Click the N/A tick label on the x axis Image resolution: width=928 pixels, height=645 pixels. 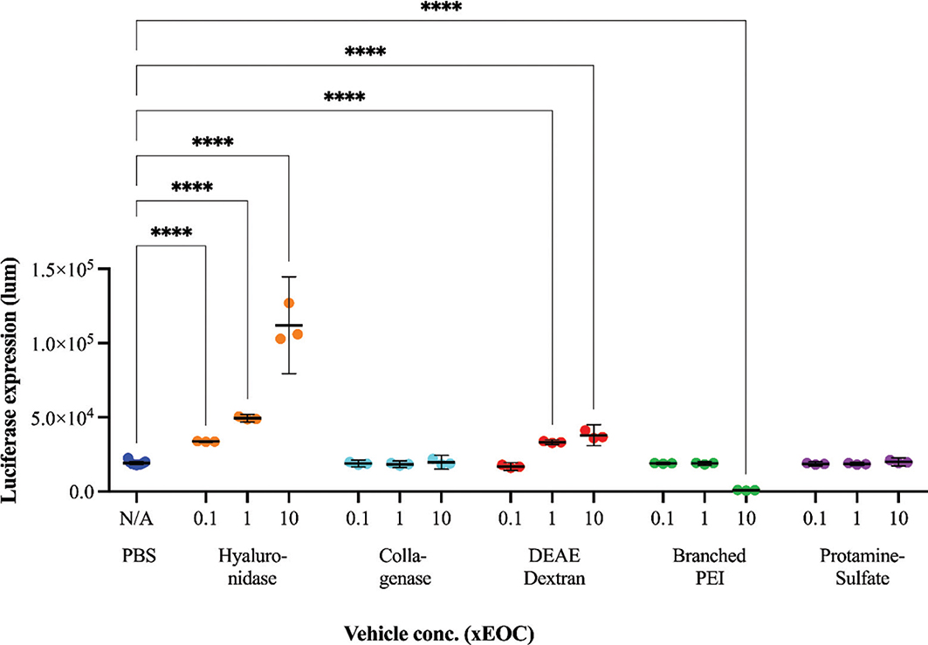pyautogui.click(x=137, y=519)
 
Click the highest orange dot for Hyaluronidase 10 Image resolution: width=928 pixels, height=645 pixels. pyautogui.click(x=289, y=303)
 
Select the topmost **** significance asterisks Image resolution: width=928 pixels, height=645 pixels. pyautogui.click(x=442, y=8)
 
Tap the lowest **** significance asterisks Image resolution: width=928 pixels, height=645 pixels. pyautogui.click(x=172, y=233)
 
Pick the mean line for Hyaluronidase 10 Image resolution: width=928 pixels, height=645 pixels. pyautogui.click(x=288, y=326)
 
